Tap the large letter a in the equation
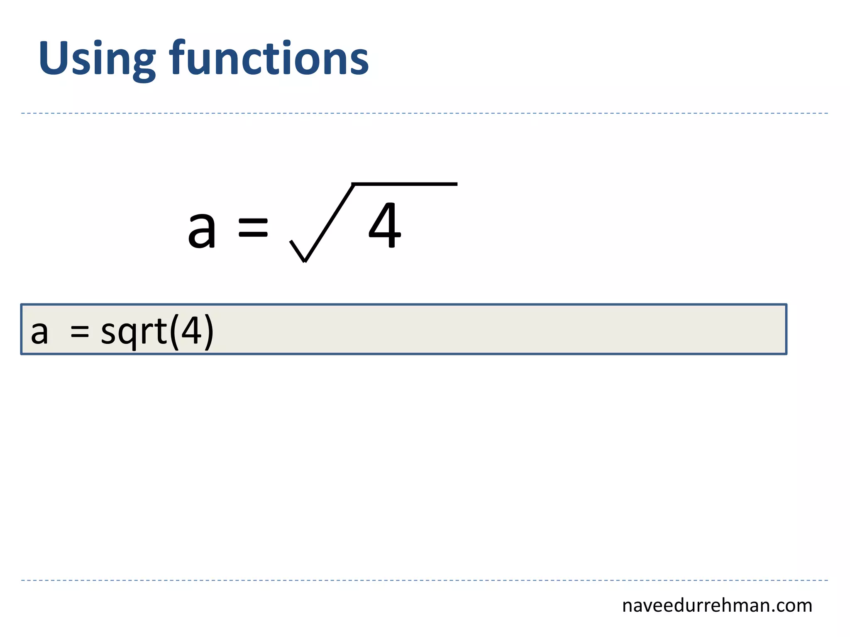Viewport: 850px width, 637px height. (x=202, y=229)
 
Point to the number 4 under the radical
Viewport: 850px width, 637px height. (x=385, y=226)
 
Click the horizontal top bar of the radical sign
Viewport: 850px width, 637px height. (x=405, y=184)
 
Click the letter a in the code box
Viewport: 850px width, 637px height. (x=39, y=333)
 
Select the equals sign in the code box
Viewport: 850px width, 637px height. (x=80, y=332)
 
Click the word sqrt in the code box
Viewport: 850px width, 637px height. (x=134, y=332)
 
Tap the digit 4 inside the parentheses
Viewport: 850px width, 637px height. (x=191, y=330)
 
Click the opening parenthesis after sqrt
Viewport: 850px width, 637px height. (x=174, y=331)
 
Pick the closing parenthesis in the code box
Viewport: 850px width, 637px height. (x=209, y=331)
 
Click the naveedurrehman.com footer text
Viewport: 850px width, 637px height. (x=717, y=606)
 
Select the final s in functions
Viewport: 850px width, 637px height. (x=359, y=63)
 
